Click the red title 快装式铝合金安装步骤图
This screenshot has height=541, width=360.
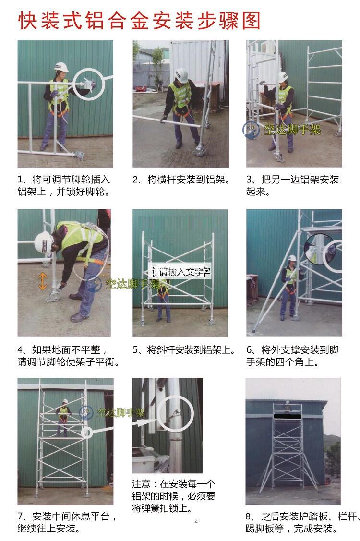tap(139, 20)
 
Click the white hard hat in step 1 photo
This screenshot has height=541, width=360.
tap(61, 67)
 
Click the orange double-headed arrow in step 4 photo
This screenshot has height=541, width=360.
tap(42, 281)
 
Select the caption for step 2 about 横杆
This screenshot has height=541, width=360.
tap(181, 180)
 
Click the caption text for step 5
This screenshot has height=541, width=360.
tap(184, 350)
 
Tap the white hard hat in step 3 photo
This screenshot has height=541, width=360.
tap(283, 77)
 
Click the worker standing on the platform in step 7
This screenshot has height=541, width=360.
tap(63, 417)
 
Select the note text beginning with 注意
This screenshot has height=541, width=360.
tap(173, 496)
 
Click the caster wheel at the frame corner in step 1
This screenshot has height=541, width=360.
tap(79, 155)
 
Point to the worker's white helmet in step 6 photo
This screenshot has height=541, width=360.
tap(292, 258)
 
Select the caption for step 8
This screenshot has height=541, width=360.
tap(303, 522)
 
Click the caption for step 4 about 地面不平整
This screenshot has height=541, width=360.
tap(68, 356)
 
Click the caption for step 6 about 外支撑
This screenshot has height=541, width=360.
tap(293, 356)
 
